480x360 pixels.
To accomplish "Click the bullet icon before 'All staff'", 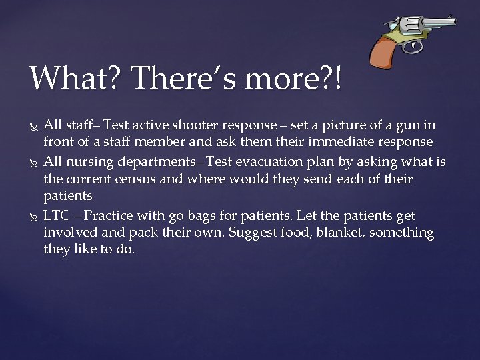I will [x=33, y=125].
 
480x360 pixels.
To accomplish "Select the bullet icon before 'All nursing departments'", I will [x=33, y=163].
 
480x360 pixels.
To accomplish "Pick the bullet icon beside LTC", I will [x=33, y=216].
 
